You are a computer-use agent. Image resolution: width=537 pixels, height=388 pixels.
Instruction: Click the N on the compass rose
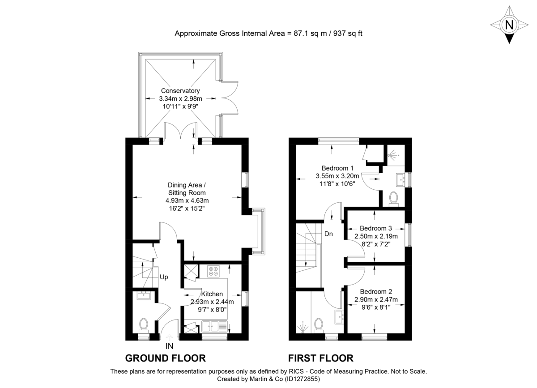click(509, 25)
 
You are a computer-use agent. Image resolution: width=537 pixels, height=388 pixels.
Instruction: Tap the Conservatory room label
click(180, 91)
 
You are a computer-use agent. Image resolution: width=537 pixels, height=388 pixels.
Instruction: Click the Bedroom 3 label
click(376, 228)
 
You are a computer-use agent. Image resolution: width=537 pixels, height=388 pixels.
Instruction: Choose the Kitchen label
click(212, 294)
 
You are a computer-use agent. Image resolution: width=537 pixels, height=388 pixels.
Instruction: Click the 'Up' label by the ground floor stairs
click(164, 277)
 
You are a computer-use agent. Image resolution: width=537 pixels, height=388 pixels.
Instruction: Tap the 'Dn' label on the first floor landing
click(328, 234)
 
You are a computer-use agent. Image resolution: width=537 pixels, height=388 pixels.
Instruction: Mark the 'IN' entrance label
click(169, 346)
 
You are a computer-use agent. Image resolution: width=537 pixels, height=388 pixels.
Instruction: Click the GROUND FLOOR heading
click(165, 358)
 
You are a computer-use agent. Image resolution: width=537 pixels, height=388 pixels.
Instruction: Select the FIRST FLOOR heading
click(320, 358)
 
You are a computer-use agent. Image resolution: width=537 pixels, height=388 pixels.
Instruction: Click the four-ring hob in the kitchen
click(213, 271)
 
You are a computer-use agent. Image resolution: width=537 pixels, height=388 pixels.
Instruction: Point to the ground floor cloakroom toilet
click(144, 324)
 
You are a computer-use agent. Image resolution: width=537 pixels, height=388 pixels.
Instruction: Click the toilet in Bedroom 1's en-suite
click(394, 197)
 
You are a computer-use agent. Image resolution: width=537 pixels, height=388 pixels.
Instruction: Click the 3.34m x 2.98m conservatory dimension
click(181, 99)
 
